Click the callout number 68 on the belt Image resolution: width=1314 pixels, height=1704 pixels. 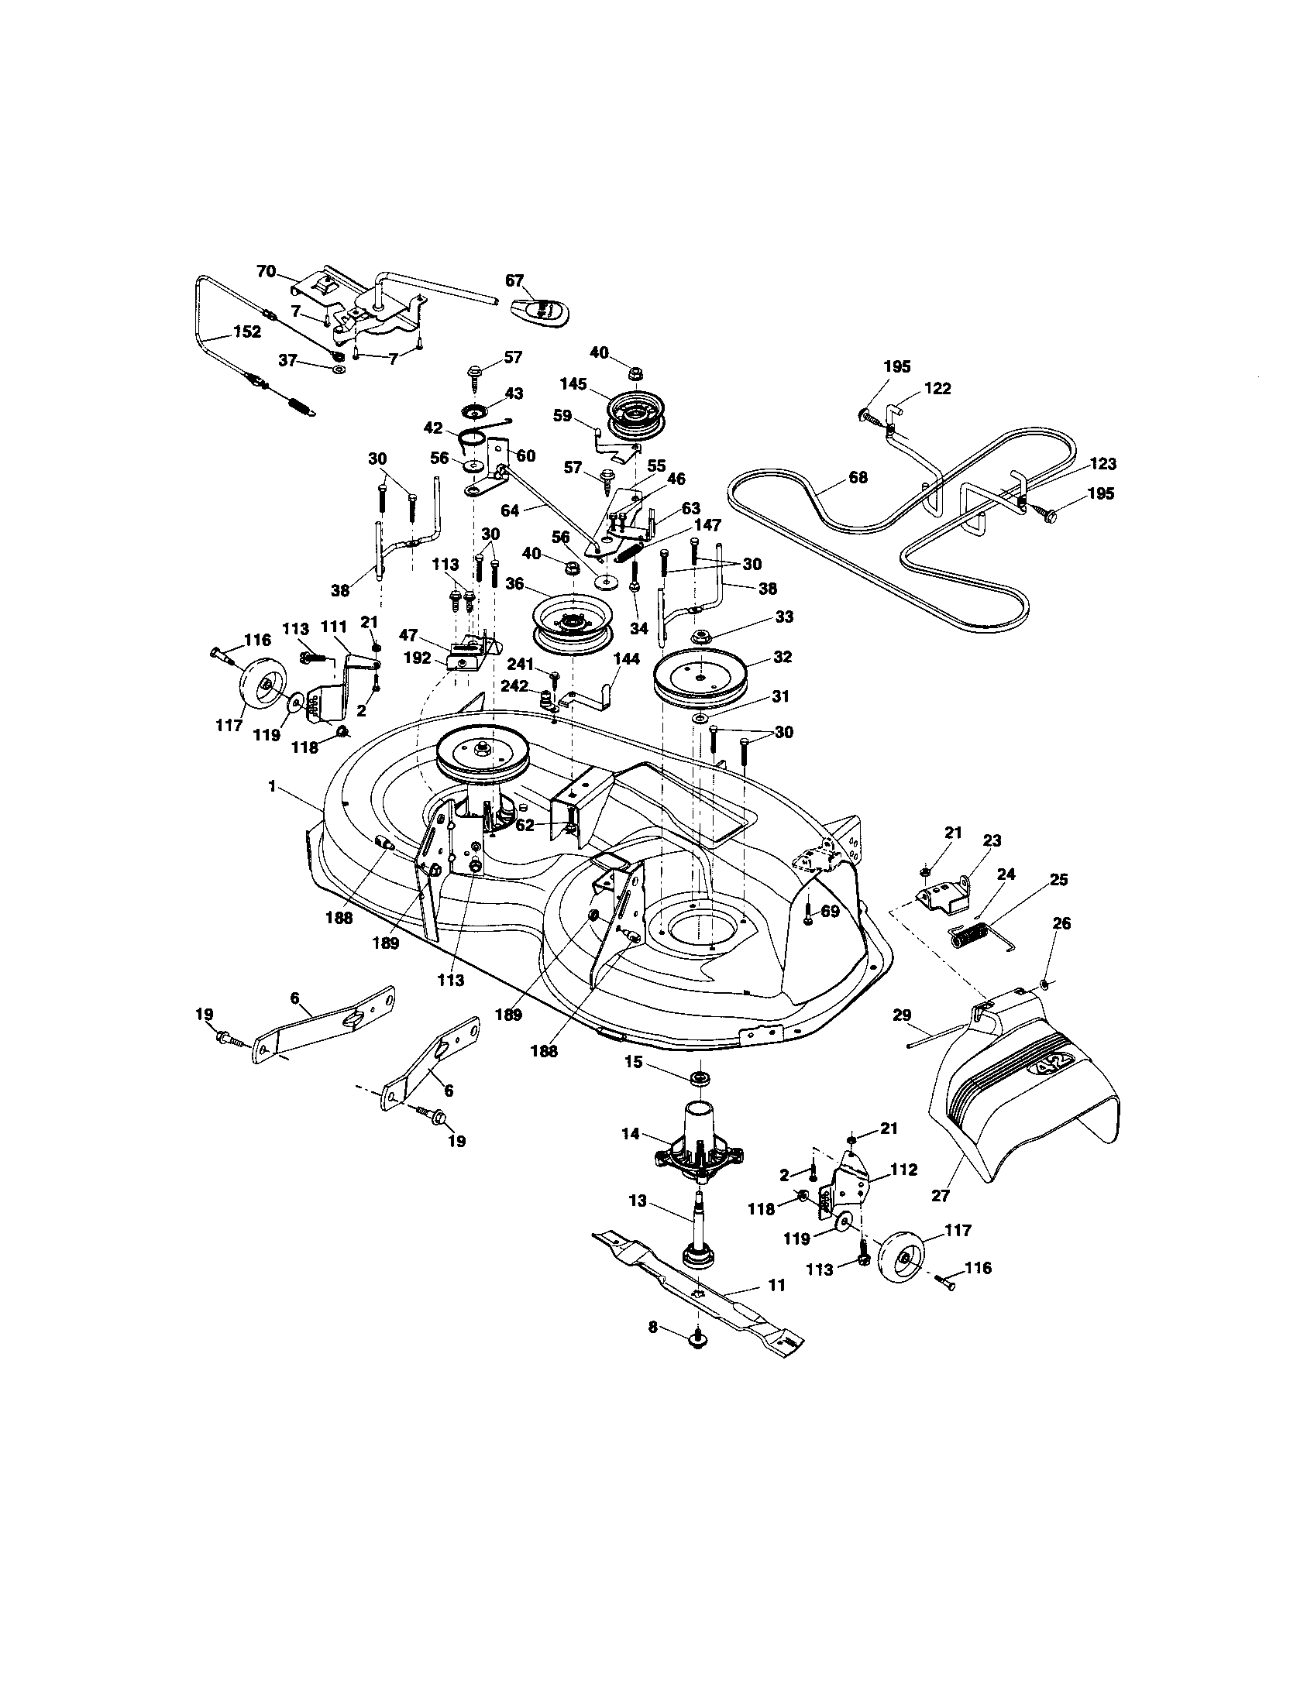[x=858, y=476]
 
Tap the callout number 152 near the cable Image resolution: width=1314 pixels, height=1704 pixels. [x=246, y=331]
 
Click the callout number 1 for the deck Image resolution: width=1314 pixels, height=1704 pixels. [x=271, y=786]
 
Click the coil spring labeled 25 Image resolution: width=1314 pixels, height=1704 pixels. [x=970, y=934]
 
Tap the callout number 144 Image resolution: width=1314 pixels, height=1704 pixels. [x=627, y=658]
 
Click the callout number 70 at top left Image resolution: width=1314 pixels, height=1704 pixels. [x=266, y=272]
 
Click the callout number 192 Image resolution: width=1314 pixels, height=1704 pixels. [x=418, y=658]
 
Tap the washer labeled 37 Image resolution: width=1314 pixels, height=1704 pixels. [x=339, y=366]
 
